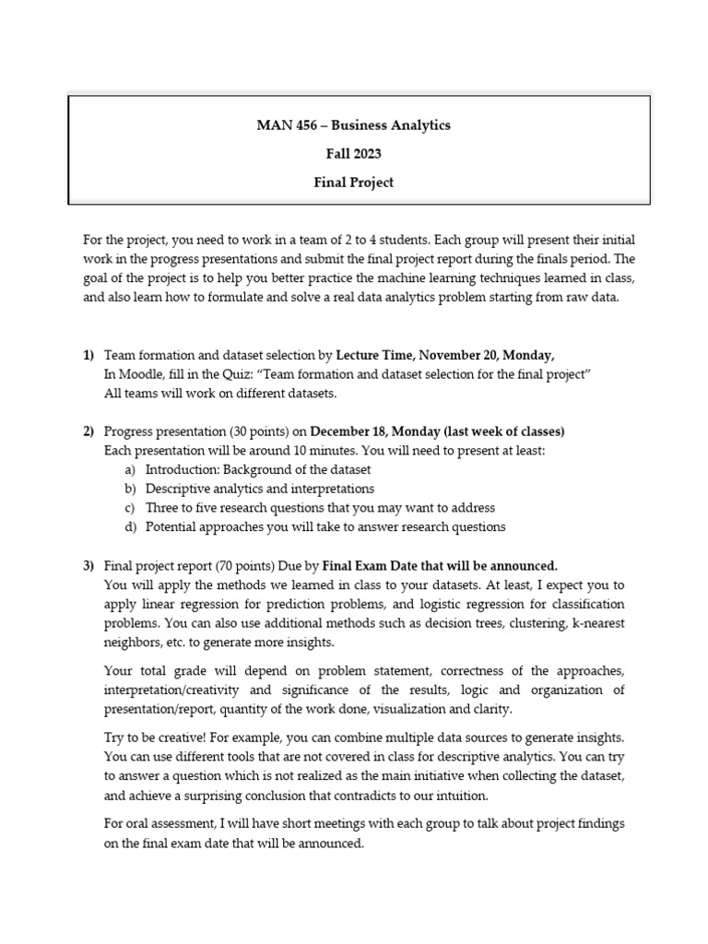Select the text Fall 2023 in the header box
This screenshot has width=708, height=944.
pos(353,154)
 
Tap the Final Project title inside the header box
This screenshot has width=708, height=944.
pos(353,183)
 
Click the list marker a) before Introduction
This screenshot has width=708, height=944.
pos(130,470)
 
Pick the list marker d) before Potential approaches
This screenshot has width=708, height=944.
pos(130,527)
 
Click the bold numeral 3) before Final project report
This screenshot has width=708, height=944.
pos(88,565)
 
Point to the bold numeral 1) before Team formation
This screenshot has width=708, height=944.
pos(88,355)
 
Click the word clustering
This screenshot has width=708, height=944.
pos(529,623)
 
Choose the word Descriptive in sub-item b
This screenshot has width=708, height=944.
pos(180,489)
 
